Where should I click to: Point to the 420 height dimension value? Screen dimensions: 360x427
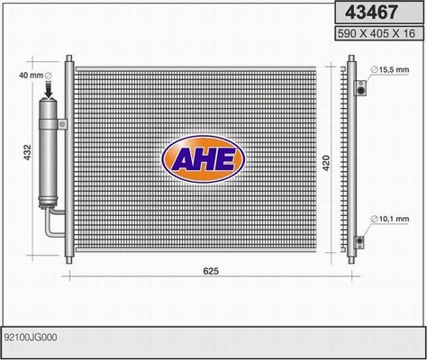327,164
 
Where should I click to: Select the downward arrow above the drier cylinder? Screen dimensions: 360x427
50,91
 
